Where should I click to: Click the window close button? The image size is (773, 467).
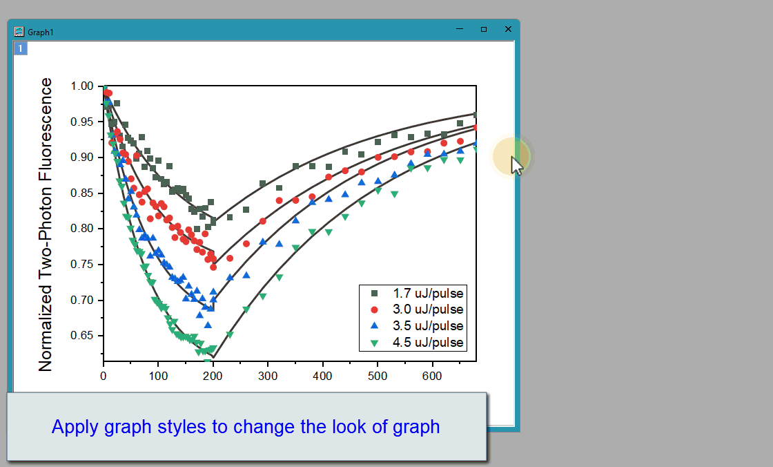pyautogui.click(x=508, y=29)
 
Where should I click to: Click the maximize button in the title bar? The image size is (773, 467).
pyautogui.click(x=484, y=29)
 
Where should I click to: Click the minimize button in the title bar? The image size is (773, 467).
pyautogui.click(x=460, y=29)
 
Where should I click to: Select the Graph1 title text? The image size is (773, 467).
pyautogui.click(x=41, y=32)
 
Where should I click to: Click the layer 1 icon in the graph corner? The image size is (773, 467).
pyautogui.click(x=20, y=48)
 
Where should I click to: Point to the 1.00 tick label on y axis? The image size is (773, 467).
pyautogui.click(x=82, y=86)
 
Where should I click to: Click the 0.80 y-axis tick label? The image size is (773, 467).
pyautogui.click(x=82, y=229)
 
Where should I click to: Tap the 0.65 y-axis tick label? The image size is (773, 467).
pyautogui.click(x=82, y=336)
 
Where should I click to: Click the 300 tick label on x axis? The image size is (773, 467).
pyautogui.click(x=268, y=377)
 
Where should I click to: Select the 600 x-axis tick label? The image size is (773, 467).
pyautogui.click(x=432, y=377)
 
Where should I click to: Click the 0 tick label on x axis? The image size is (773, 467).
pyautogui.click(x=103, y=377)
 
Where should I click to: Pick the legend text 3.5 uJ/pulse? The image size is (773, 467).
pyautogui.click(x=428, y=326)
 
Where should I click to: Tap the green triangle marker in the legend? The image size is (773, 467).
pyautogui.click(x=374, y=343)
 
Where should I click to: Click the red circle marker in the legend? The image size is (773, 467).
pyautogui.click(x=374, y=309)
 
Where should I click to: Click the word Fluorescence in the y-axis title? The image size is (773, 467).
pyautogui.click(x=46, y=129)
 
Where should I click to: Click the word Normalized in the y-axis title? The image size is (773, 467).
pyautogui.click(x=46, y=328)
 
